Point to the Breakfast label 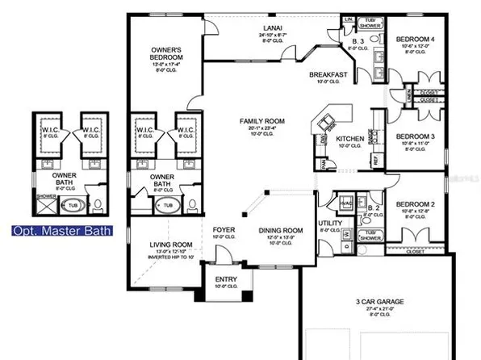tap(328, 75)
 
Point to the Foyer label tap(224, 232)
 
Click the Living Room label tap(170, 245)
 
